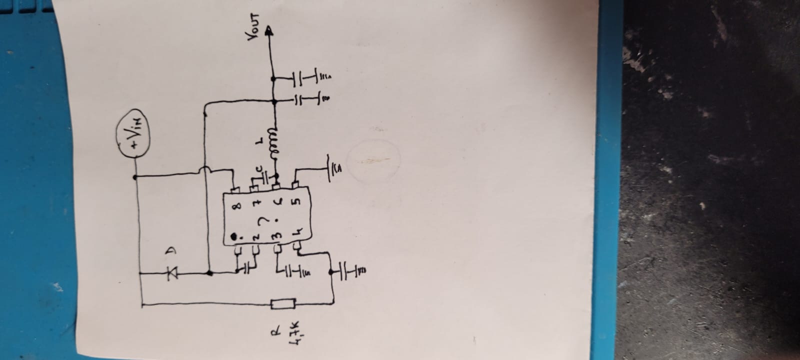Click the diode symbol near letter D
(173, 273)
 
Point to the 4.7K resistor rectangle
(283, 303)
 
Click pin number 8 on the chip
(236, 205)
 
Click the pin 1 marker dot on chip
(234, 236)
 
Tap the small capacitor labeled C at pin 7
(265, 175)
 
